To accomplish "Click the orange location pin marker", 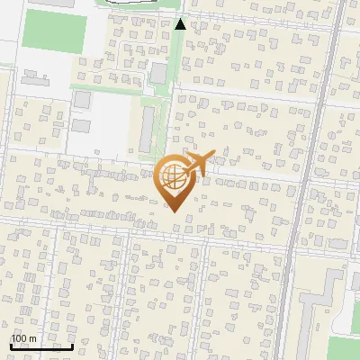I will pos(173,180).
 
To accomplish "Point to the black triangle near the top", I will pos(180,24).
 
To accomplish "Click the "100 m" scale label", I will pos(23,338).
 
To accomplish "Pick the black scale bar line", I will pos(41,346).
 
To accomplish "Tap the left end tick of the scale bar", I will pos(11,344).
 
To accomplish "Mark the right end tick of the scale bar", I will pos(72,344).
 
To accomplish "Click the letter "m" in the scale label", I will pos(31,338).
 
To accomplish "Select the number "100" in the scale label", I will pos(19,338).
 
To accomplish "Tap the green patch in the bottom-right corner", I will pos(344,348).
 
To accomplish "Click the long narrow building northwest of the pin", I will pos(147,125).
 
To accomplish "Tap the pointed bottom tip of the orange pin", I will pos(173,211).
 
